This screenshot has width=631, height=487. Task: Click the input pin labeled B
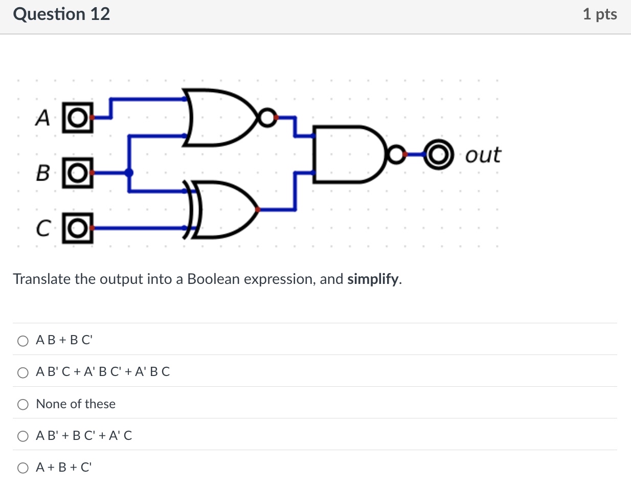coord(78,173)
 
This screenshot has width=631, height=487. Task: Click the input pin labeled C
coord(78,228)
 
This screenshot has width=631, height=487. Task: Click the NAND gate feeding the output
coord(348,153)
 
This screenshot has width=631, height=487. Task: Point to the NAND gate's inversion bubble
coord(395,153)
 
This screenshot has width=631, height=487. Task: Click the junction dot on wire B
coord(129,173)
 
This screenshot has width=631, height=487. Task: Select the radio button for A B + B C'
coord(23,341)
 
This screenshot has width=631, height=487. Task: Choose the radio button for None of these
coord(23,405)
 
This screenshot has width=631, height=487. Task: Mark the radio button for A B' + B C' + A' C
coord(23,436)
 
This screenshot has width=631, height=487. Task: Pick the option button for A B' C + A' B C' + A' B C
coord(23,373)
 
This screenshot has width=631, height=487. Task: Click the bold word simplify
coord(373,279)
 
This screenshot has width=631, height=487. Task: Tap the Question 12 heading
coord(61,14)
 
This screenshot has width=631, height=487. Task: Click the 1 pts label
coord(599,14)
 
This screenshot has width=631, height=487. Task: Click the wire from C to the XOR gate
coord(138,228)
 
